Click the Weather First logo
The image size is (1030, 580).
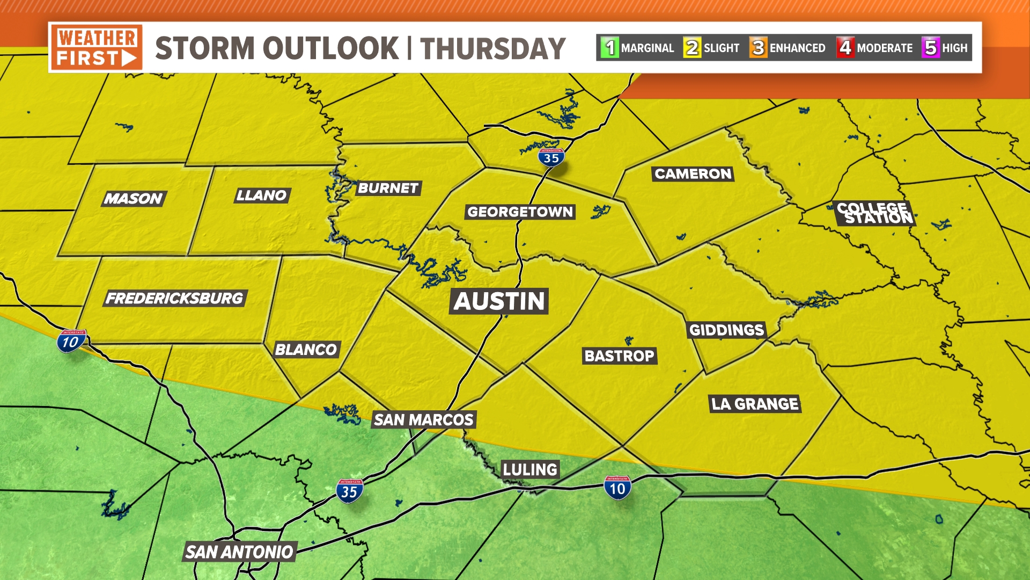(x=97, y=47)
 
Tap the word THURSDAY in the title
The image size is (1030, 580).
(x=492, y=48)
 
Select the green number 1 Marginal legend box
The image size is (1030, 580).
(x=610, y=48)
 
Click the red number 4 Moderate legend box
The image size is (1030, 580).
(x=845, y=48)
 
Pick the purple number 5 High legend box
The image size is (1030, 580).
(x=931, y=48)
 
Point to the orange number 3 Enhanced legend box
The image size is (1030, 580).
(x=758, y=48)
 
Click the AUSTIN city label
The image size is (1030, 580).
(x=499, y=301)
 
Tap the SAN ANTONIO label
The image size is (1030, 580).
(x=239, y=552)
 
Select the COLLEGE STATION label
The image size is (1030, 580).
(x=874, y=213)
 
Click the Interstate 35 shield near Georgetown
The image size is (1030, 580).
(x=551, y=157)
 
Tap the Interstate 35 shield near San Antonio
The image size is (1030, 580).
(x=349, y=491)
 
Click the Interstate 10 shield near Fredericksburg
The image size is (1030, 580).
(x=71, y=341)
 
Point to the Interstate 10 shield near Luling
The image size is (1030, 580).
(x=617, y=488)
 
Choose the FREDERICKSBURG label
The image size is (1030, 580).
(x=174, y=298)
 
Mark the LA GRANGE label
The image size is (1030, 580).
(x=755, y=404)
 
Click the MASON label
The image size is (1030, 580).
(x=134, y=199)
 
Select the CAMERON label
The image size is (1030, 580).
(x=693, y=173)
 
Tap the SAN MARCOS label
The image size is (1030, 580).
(x=424, y=419)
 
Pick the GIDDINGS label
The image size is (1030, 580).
(x=726, y=330)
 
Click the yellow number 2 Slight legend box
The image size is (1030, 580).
(x=692, y=48)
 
